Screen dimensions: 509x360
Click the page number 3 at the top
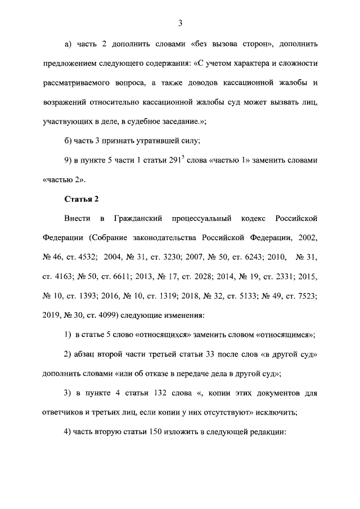coord(180,23)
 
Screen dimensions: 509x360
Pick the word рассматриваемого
coord(79,83)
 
